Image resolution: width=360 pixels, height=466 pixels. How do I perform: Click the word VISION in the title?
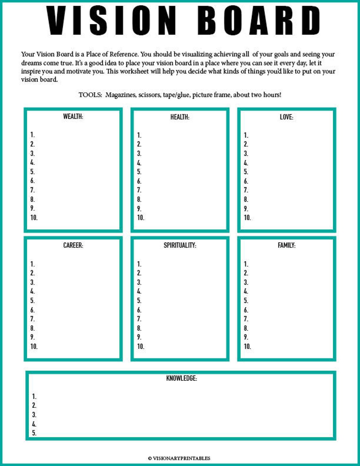coord(111,20)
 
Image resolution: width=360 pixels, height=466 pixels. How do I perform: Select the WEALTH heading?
coord(73,117)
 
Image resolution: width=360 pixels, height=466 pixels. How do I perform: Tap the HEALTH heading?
coord(180,117)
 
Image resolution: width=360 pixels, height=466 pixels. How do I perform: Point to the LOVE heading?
coord(286,117)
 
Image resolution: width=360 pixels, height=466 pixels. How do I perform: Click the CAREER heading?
coord(73,245)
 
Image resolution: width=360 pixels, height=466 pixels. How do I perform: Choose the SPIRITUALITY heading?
coord(180,245)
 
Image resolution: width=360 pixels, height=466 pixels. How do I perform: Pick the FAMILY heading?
coord(286,245)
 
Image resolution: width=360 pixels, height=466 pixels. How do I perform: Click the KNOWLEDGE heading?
coord(181,378)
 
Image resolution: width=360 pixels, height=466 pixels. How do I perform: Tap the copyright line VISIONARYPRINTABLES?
coord(179,458)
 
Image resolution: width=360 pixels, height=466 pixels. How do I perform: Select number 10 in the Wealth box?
coord(34,218)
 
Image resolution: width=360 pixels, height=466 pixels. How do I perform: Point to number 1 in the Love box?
coord(246,135)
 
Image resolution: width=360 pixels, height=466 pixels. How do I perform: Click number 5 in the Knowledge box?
coord(34,433)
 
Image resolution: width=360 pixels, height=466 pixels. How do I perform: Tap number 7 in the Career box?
coord(32,319)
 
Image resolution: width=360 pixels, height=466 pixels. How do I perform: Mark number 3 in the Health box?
coord(139,154)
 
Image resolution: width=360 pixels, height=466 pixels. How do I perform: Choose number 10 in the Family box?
coord(247,347)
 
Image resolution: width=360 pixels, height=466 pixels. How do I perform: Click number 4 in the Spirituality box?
coord(139,291)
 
